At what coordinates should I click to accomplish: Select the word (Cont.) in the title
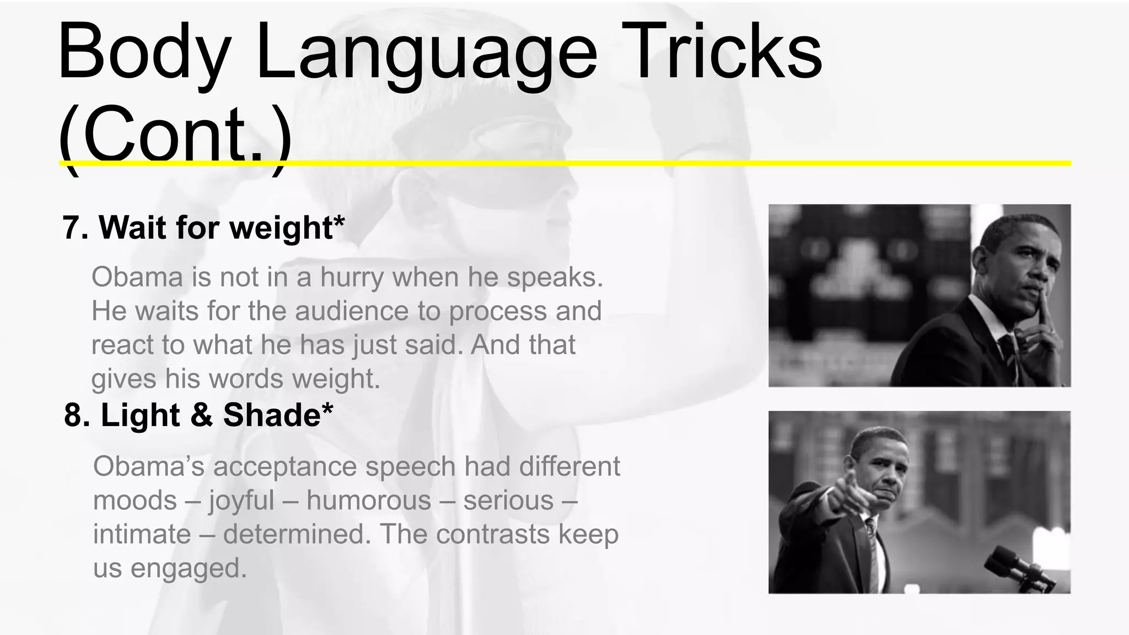(x=174, y=135)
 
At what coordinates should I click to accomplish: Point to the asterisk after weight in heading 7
(x=338, y=220)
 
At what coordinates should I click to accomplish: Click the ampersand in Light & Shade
(x=201, y=415)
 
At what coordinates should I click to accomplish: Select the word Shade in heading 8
(x=271, y=415)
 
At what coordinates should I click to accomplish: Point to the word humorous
(x=369, y=501)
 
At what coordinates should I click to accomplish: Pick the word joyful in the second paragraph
(x=241, y=501)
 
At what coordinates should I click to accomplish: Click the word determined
(x=297, y=534)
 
